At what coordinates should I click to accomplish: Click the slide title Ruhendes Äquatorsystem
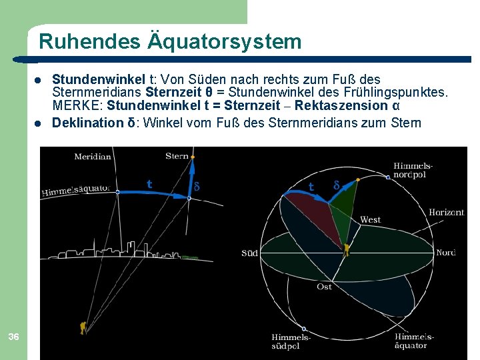coord(170,42)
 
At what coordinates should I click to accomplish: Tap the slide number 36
coord(13,337)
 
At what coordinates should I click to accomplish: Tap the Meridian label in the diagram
coord(93,157)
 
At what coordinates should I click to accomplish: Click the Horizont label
coord(446,213)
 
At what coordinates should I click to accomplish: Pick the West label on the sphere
coord(370,220)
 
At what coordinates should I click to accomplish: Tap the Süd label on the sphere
coord(249,253)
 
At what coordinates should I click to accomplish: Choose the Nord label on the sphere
coord(445,253)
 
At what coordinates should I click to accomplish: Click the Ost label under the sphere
coord(324,286)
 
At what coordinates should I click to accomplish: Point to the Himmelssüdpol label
coord(291,341)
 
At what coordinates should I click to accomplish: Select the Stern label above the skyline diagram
coord(177,156)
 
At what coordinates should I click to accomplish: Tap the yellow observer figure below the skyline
coord(82,327)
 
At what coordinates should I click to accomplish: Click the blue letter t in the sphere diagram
coord(311,187)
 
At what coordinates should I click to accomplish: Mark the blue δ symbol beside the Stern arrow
coord(197,185)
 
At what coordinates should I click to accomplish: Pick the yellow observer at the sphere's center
coord(346,250)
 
